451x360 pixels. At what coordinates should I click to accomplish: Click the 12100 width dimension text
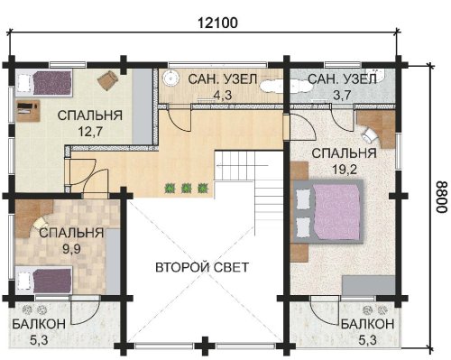click(217, 23)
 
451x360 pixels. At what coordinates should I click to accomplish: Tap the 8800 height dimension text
click(441, 197)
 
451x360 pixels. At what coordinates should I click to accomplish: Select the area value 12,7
click(90, 132)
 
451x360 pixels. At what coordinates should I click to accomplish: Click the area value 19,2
click(345, 170)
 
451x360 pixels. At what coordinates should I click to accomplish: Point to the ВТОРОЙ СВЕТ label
click(202, 267)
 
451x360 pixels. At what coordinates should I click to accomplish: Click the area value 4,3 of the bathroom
click(223, 96)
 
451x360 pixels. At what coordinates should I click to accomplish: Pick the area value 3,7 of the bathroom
click(342, 96)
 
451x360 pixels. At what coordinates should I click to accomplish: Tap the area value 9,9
click(71, 249)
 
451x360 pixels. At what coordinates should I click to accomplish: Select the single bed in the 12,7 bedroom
click(44, 83)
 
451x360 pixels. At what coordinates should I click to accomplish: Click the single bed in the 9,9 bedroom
click(44, 281)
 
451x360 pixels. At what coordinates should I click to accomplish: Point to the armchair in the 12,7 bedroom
click(107, 79)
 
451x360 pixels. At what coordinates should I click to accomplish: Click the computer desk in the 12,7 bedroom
click(28, 111)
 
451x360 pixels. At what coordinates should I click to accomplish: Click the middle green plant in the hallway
click(186, 189)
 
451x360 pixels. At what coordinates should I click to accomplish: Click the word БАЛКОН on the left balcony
click(39, 324)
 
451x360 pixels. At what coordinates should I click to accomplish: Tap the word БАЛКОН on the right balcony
click(367, 324)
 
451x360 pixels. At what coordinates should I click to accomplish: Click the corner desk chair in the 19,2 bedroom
click(371, 134)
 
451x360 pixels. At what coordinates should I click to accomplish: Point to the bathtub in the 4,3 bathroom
click(272, 87)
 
